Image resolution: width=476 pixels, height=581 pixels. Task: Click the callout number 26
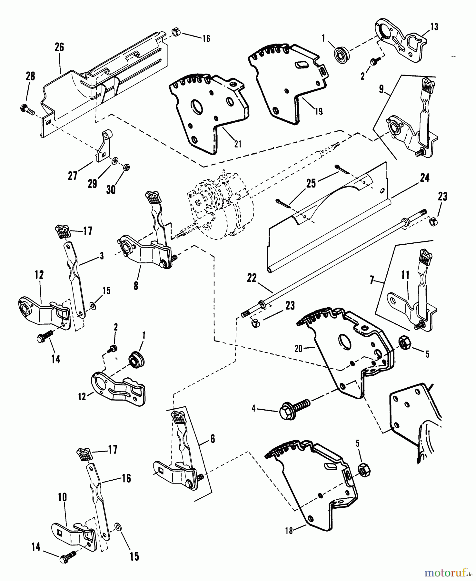[x=59, y=47]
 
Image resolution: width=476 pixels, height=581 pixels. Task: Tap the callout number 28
[x=30, y=76]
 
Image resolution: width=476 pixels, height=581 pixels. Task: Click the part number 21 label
[x=238, y=144]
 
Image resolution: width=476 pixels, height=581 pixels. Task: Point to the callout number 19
[x=319, y=111]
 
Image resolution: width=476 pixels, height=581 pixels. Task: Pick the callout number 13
[x=434, y=27]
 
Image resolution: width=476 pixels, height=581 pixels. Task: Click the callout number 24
[x=425, y=178]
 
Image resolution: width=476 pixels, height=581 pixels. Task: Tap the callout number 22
[x=252, y=278]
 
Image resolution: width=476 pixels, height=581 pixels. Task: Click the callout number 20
[x=298, y=349]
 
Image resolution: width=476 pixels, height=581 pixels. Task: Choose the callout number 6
[x=213, y=439]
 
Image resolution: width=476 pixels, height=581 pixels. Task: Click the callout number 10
[x=62, y=497]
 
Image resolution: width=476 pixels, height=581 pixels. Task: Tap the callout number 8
[x=136, y=286]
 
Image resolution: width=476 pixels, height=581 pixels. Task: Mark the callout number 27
[x=73, y=176]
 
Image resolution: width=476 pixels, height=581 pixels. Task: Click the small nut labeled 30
[x=126, y=168]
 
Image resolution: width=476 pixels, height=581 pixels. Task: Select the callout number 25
[x=311, y=183]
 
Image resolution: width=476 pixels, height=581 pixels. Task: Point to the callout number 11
[x=405, y=275]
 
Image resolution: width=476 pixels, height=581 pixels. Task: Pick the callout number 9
[x=382, y=89]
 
